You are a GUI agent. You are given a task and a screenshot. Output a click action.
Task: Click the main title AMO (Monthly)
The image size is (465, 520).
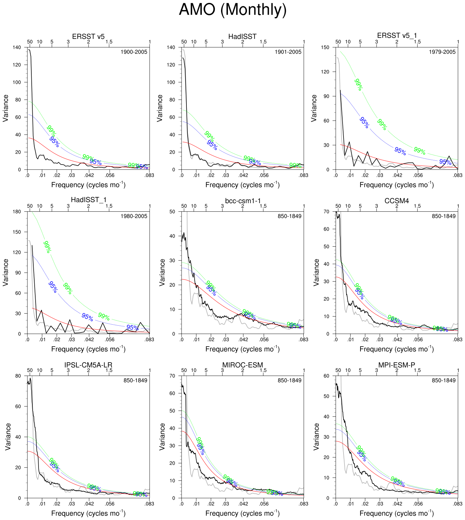tap(232, 10)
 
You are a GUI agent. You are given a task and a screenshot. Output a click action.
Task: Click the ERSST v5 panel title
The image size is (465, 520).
tap(88, 37)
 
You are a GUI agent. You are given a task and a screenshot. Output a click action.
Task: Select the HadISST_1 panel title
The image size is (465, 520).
tap(88, 200)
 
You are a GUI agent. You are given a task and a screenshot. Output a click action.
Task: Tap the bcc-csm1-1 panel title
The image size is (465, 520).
tap(243, 201)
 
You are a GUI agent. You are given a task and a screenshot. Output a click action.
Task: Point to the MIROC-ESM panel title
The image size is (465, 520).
tap(243, 365)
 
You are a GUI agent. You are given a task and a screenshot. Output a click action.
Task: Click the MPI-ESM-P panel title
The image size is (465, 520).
tap(396, 365)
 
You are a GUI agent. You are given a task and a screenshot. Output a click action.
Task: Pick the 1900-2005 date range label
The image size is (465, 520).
tap(134, 52)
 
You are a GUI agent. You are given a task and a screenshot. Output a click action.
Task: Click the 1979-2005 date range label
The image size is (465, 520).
tap(442, 52)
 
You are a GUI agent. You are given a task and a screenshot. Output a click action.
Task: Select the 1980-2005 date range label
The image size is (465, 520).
tap(134, 216)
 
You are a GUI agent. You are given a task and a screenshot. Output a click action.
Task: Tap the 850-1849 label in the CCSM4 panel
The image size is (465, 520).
tap(443, 216)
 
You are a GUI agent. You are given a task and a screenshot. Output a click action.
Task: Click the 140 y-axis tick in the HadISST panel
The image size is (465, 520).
tap(171, 47)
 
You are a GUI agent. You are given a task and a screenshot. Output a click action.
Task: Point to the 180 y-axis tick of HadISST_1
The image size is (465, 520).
tap(17, 212)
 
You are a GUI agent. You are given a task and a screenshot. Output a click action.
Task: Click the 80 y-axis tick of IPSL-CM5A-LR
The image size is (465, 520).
tap(18, 376)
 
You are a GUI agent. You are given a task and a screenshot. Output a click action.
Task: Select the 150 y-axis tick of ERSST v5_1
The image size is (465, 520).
tap(325, 47)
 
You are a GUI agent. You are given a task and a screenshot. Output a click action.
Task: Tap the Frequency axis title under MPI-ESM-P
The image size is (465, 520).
tap(396, 513)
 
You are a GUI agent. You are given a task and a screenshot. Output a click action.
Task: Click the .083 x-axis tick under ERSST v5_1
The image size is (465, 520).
tap(457, 175)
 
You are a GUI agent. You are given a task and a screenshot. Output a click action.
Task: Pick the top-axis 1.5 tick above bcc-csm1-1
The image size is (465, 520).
tap(263, 206)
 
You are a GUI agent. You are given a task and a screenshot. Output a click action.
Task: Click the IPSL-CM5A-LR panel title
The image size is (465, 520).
tap(88, 365)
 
